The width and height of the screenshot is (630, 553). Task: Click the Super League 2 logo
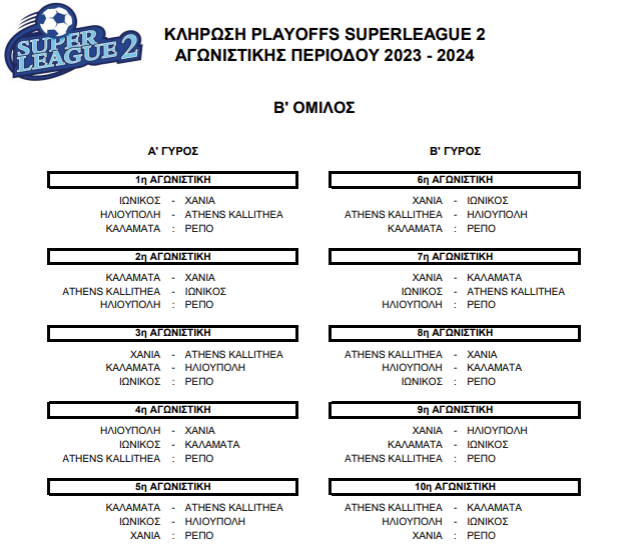coord(72,42)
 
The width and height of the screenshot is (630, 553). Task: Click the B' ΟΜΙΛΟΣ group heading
coord(314,108)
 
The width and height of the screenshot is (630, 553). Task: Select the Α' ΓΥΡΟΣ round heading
coord(173,151)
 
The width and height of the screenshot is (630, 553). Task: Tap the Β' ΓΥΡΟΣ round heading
coord(455,151)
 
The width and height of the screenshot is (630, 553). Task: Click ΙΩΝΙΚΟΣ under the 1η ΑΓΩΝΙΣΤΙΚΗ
coord(140,201)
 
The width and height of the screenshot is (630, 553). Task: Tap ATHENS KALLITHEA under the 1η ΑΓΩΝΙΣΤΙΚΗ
coord(234,215)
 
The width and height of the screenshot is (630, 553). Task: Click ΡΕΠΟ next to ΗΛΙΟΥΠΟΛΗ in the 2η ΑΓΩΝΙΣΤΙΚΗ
coord(199,305)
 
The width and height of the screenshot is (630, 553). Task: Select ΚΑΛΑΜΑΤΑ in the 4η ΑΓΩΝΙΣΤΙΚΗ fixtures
coord(212,444)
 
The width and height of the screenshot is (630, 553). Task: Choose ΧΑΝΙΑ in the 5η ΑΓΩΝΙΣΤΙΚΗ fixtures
coord(145,536)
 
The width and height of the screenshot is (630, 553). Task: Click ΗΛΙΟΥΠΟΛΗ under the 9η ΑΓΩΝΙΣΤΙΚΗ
coord(497,431)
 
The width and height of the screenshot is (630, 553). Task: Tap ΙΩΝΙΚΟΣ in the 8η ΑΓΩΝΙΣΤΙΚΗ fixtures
coord(422,381)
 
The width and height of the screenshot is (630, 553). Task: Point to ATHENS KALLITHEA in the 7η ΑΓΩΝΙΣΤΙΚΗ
coord(516,291)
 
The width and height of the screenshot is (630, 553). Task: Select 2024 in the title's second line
coord(456,55)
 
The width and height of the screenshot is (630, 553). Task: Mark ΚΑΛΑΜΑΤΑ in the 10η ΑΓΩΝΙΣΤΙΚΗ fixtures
coord(494,508)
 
